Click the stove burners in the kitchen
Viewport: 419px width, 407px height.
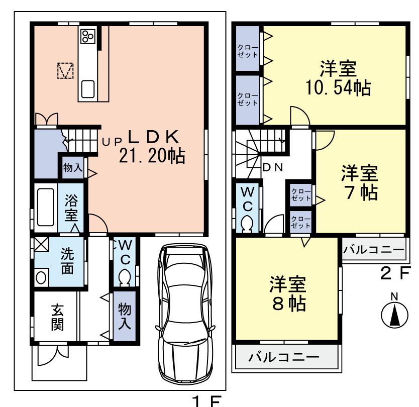(x=88, y=36)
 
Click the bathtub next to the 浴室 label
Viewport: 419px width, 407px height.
(x=45, y=207)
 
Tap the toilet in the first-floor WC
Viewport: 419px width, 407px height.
(x=124, y=276)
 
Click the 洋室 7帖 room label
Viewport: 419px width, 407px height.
(x=359, y=183)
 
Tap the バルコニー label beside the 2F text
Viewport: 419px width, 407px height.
(x=374, y=250)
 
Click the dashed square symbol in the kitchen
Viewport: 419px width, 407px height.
(x=65, y=71)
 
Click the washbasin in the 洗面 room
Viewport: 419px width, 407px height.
(x=42, y=277)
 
